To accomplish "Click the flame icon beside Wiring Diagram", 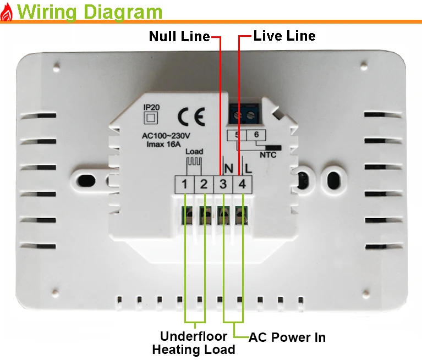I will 7,12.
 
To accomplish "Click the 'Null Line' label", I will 179,37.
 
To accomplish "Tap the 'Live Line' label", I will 284,36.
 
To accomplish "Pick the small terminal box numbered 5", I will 237,135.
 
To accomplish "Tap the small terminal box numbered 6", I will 255,135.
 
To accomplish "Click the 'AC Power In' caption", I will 287,337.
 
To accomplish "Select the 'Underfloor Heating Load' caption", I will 193,343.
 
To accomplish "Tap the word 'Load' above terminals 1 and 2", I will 195,151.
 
